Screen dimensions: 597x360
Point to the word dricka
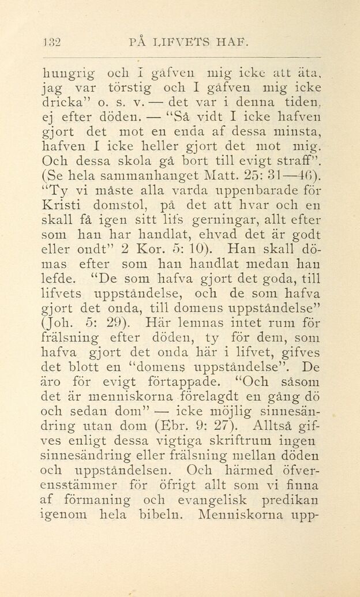coord(67,104)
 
